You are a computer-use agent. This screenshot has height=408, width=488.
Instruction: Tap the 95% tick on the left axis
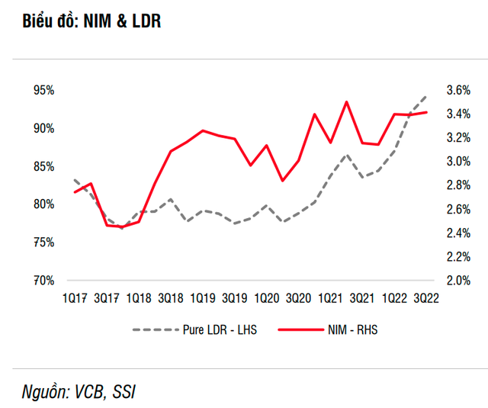(43, 90)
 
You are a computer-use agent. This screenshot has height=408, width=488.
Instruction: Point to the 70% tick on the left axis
(43, 281)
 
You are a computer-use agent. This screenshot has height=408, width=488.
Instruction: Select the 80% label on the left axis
(43, 204)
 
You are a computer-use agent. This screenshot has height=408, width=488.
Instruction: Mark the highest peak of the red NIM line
(346, 101)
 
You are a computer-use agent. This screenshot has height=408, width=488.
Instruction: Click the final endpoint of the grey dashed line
(426, 97)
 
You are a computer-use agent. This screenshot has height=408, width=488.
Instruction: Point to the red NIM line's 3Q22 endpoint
(426, 112)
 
